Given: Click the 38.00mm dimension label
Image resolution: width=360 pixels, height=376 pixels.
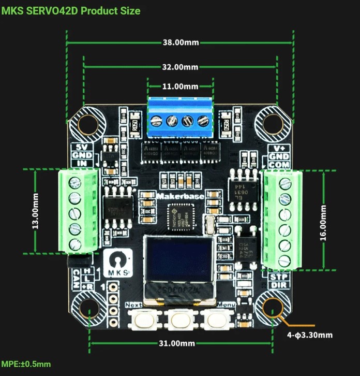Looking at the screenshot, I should pyautogui.click(x=181, y=42).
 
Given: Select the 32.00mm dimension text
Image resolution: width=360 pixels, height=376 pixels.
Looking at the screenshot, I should pyautogui.click(x=181, y=67).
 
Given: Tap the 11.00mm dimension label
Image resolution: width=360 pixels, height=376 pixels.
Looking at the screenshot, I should pyautogui.click(x=181, y=86).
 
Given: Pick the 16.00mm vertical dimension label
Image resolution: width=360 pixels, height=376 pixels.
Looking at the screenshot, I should pyautogui.click(x=324, y=221).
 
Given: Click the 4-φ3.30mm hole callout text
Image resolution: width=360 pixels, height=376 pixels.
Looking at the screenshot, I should pyautogui.click(x=310, y=335).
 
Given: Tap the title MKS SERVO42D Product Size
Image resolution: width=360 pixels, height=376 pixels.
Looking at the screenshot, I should pyautogui.click(x=70, y=10).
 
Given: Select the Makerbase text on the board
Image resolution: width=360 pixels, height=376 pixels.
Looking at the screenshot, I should pyautogui.click(x=180, y=196).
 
